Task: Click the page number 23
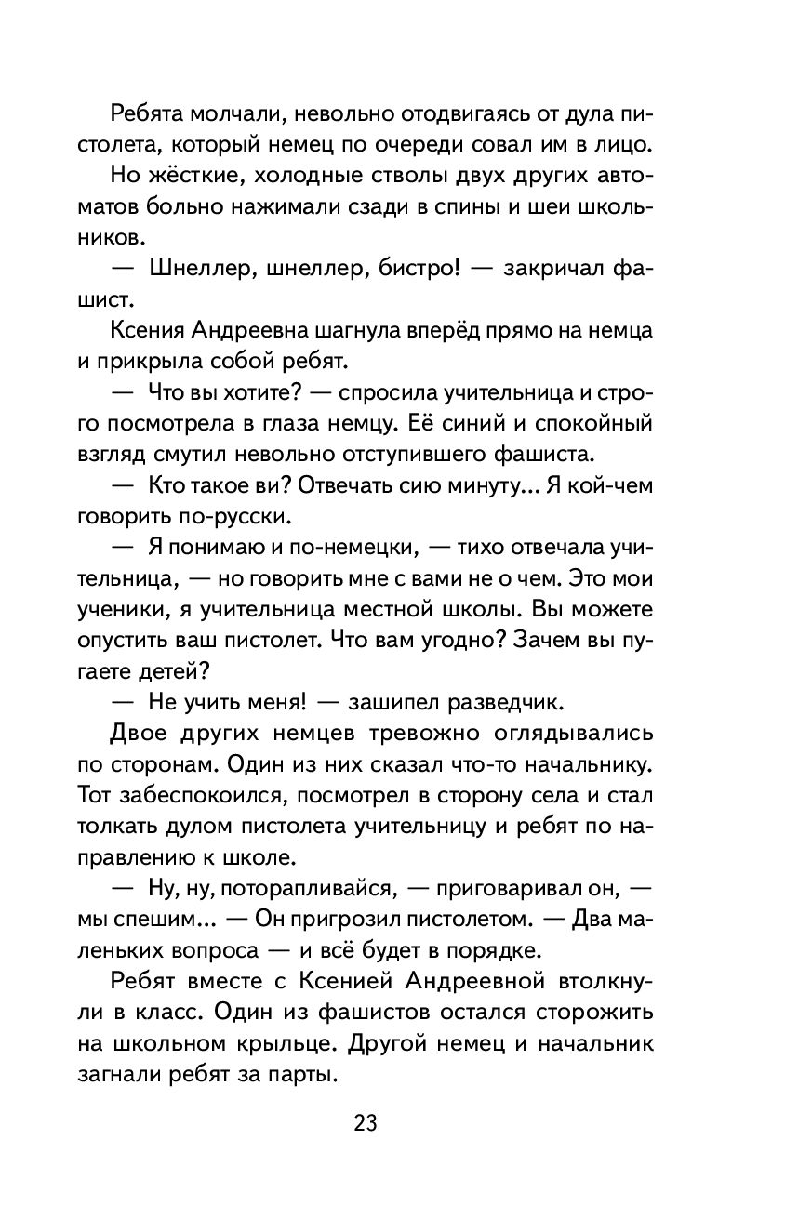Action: [x=365, y=1123]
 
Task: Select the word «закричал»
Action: [x=549, y=271]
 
